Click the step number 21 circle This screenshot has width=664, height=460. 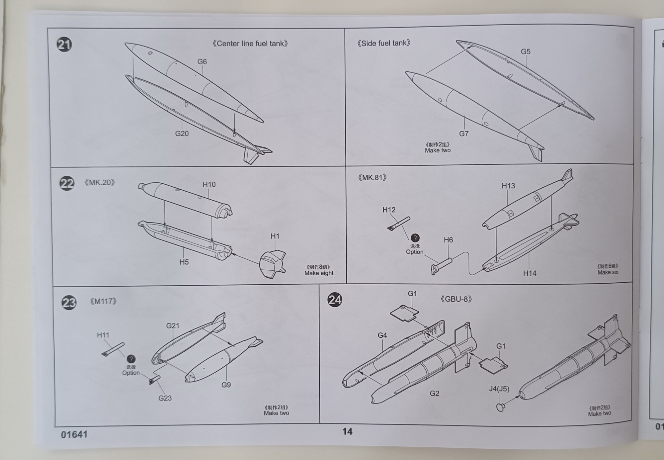[64, 45]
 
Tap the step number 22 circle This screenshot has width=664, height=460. [67, 183]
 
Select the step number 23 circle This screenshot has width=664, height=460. [69, 303]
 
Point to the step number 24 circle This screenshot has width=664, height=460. [335, 300]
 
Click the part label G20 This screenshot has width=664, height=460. [182, 134]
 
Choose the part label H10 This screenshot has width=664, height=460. [209, 184]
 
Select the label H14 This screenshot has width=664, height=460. [530, 273]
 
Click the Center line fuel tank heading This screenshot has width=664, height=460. [250, 44]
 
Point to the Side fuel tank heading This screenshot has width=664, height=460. [384, 43]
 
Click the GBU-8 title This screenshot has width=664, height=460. [456, 299]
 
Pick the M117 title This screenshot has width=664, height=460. [103, 301]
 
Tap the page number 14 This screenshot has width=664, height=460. [347, 431]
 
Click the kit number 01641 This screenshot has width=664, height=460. [74, 434]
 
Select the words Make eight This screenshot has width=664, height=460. [319, 273]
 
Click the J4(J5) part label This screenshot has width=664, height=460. [499, 389]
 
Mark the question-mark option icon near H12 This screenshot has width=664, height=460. [415, 238]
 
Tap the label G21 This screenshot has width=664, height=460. [173, 326]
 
